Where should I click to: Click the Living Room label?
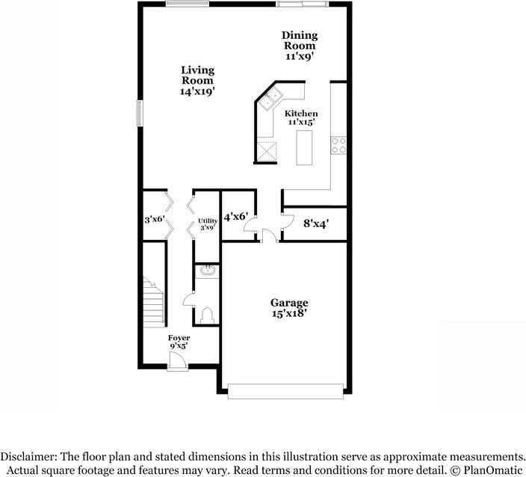pos(197,81)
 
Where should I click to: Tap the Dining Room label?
pos(299,45)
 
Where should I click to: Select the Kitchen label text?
pos(301,117)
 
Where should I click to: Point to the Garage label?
pos(289,308)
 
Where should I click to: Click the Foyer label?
pos(178,342)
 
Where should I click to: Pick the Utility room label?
pos(207,224)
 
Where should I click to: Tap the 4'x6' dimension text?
pos(235,217)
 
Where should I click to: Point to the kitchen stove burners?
pos(338,144)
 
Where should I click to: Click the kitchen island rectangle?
pos(304,147)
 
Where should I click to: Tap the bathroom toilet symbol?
pos(206,314)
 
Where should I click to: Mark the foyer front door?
pos(177,362)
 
